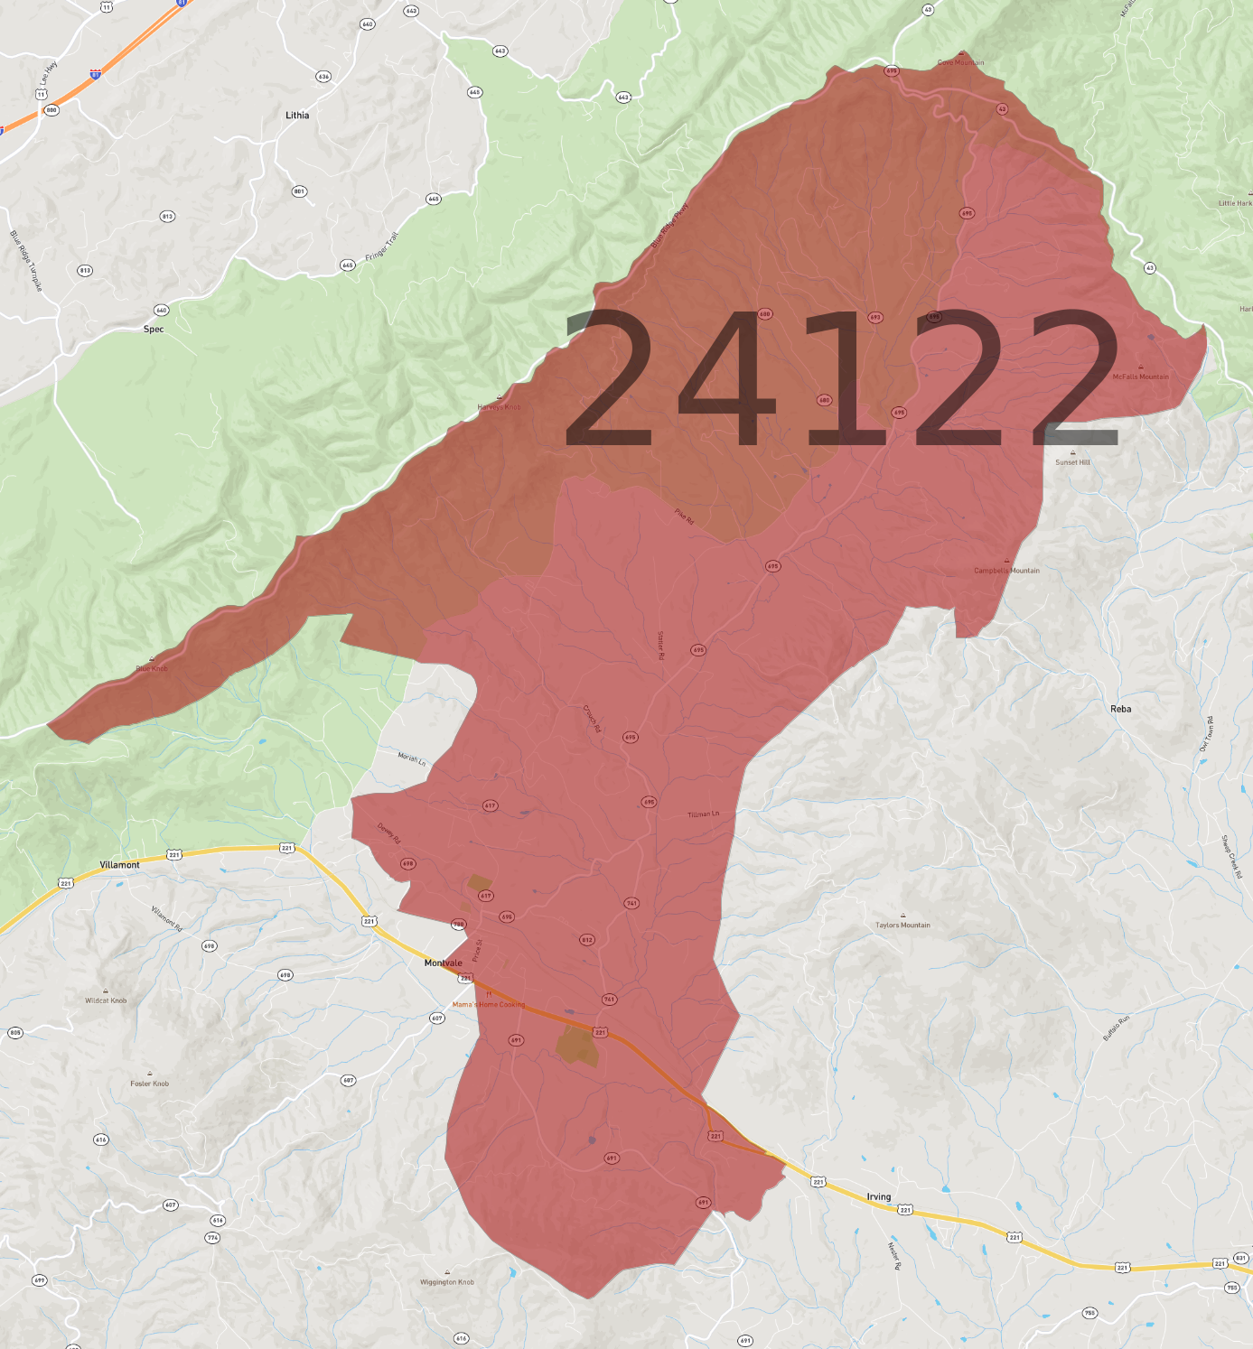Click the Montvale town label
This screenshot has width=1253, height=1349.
(443, 963)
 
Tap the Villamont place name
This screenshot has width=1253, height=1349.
(119, 865)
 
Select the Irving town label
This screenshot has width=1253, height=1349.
(878, 1196)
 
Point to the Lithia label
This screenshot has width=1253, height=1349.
(297, 116)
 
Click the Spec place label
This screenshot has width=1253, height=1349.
(154, 330)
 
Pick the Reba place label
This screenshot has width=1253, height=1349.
(1120, 709)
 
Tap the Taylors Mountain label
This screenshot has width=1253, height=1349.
(902, 926)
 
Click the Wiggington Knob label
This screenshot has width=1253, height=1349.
(446, 1282)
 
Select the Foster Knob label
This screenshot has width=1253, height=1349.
(149, 1084)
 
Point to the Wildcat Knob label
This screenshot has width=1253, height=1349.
(106, 1000)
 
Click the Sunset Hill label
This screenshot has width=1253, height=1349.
(1072, 462)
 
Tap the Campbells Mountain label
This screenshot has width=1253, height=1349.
(1006, 571)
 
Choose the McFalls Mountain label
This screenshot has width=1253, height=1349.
(1140, 377)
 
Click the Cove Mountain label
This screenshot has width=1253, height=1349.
(960, 62)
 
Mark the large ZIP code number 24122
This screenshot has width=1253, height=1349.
(840, 379)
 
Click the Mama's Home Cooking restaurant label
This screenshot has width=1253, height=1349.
(488, 1004)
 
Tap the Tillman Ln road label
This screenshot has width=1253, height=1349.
(703, 814)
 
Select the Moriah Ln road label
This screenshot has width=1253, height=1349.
(412, 758)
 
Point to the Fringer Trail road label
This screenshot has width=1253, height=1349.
(381, 247)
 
